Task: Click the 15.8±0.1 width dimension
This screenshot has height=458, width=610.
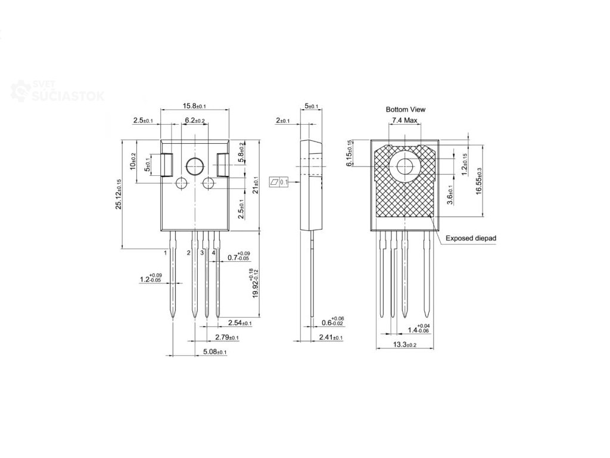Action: [194, 106]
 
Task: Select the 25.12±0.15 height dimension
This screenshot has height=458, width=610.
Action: [119, 194]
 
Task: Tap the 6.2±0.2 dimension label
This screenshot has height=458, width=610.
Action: [195, 120]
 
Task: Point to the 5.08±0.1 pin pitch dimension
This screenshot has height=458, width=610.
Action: [214, 352]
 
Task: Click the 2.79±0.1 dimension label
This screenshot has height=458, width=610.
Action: [226, 338]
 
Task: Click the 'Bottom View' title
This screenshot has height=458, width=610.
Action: [406, 110]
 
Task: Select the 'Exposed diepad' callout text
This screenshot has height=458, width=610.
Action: [470, 238]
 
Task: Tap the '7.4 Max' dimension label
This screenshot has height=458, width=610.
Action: [405, 121]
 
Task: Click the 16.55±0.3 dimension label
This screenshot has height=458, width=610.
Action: [478, 179]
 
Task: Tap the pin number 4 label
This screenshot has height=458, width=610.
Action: [213, 253]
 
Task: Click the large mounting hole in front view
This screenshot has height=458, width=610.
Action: [195, 166]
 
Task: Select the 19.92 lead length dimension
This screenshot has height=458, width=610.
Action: [254, 284]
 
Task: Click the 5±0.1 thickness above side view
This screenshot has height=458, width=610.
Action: [312, 106]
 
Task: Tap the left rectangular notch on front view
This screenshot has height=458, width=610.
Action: [167, 165]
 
